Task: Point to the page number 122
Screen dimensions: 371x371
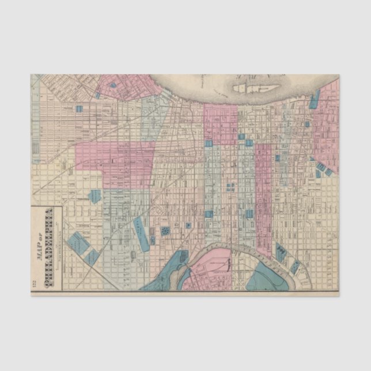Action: pos(34,283)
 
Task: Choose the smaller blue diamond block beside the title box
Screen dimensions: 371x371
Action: pos(93,256)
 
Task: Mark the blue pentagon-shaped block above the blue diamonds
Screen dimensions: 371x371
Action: pos(94,196)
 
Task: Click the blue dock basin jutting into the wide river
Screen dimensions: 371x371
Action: pos(315,100)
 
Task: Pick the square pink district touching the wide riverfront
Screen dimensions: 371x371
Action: pos(220,122)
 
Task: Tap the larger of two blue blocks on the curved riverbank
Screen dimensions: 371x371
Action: pos(281,251)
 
